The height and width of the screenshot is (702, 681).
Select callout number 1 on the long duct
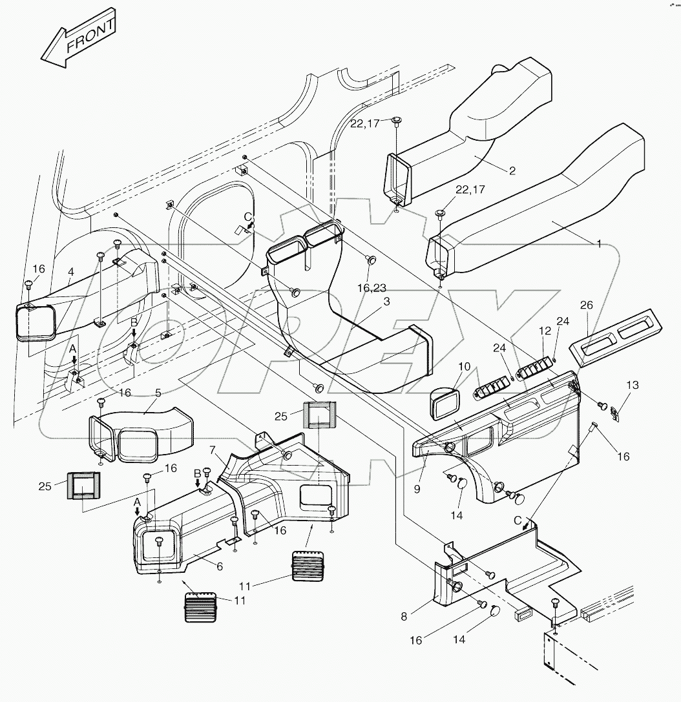[x=599, y=244]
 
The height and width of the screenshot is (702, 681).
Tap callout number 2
[x=512, y=171]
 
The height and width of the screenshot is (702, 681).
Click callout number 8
[x=417, y=490]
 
